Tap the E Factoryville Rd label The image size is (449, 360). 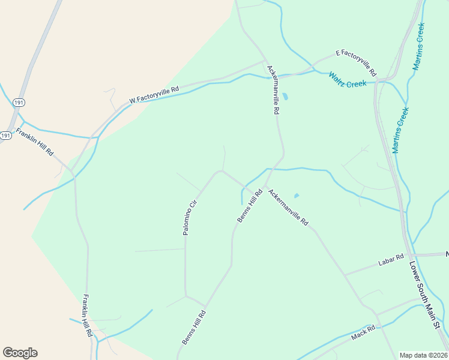point(356,62)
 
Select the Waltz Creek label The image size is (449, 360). point(347,80)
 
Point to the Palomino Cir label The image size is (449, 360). point(190,217)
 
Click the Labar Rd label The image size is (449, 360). point(391,261)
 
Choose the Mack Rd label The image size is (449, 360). point(363,331)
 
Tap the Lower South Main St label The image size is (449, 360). point(425,294)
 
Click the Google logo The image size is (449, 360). point(20,353)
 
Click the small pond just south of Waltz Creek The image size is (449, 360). point(285,96)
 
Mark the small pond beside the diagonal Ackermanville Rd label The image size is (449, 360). point(296,196)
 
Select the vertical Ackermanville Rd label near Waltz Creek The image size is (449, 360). point(272,90)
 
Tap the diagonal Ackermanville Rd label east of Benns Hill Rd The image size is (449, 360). point(288,208)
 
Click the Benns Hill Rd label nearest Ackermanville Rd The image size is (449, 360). point(250,206)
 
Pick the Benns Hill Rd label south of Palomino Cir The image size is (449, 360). point(194,327)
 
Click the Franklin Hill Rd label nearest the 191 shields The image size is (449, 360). point(35,142)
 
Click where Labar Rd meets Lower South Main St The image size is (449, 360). point(410,256)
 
